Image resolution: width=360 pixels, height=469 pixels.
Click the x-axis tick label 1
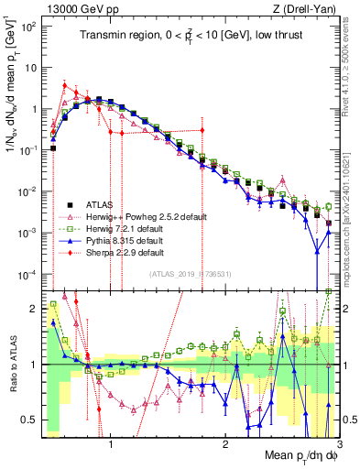(x=110, y=444)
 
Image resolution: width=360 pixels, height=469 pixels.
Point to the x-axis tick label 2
(x=224, y=444)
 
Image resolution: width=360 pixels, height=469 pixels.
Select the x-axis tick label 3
(x=338, y=444)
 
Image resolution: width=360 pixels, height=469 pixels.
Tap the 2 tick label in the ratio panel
(x=34, y=308)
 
